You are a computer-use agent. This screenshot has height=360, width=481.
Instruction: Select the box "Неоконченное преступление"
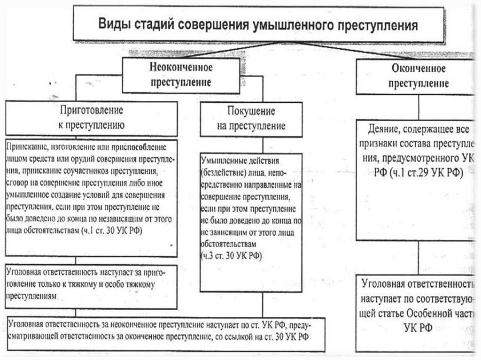point(181,74)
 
